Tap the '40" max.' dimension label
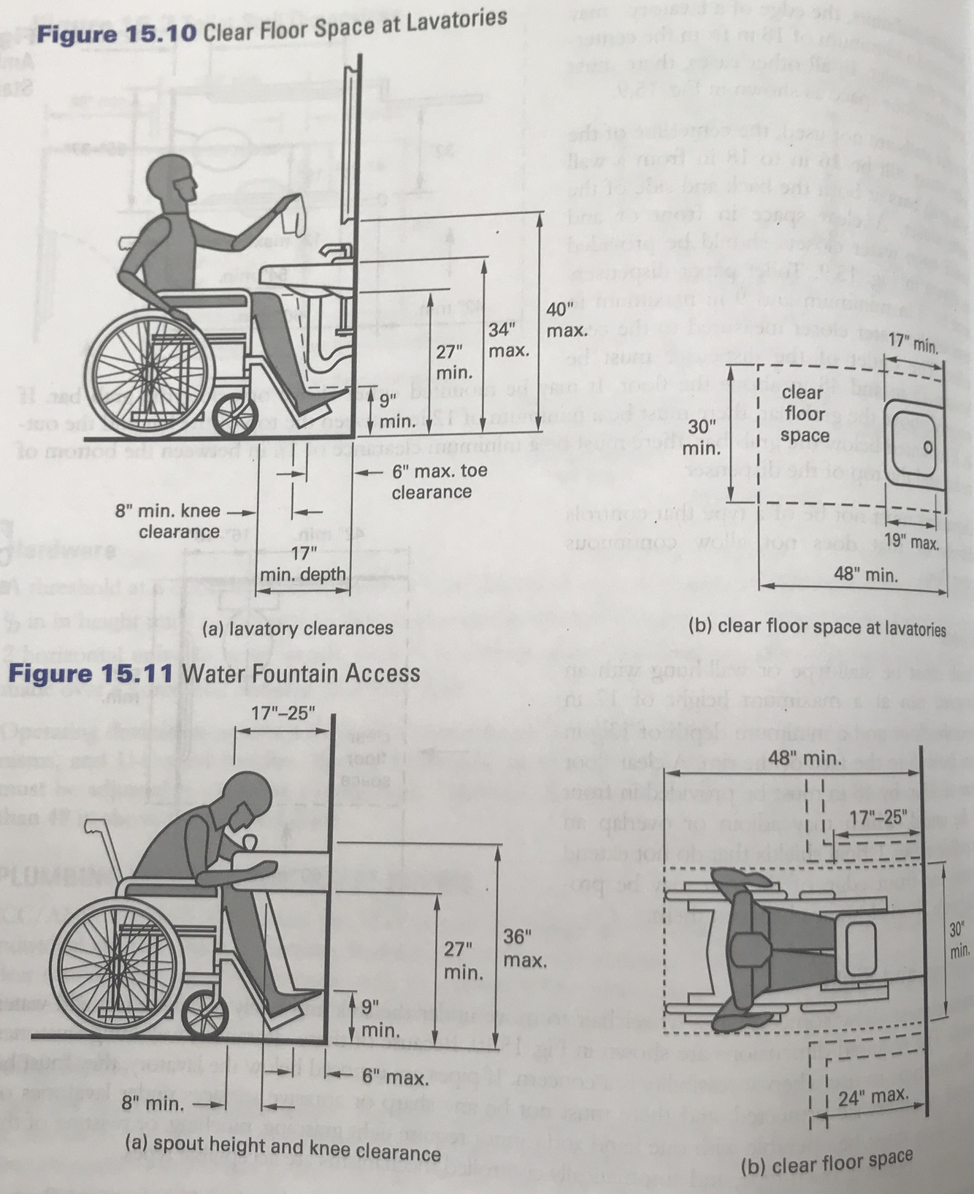(x=566, y=320)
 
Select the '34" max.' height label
(x=508, y=340)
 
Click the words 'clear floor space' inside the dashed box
(x=803, y=414)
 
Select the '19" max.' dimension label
(x=910, y=541)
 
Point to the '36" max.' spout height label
(x=524, y=948)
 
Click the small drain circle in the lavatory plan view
(x=928, y=446)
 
